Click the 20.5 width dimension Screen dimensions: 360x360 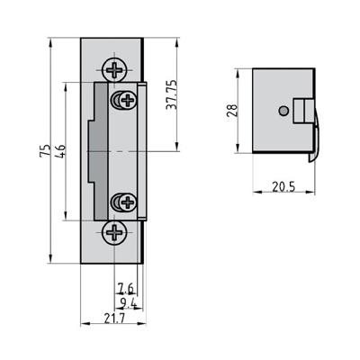[x=282, y=187]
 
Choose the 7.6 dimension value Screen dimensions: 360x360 [x=125, y=287]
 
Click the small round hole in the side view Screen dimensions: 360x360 [x=283, y=110]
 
